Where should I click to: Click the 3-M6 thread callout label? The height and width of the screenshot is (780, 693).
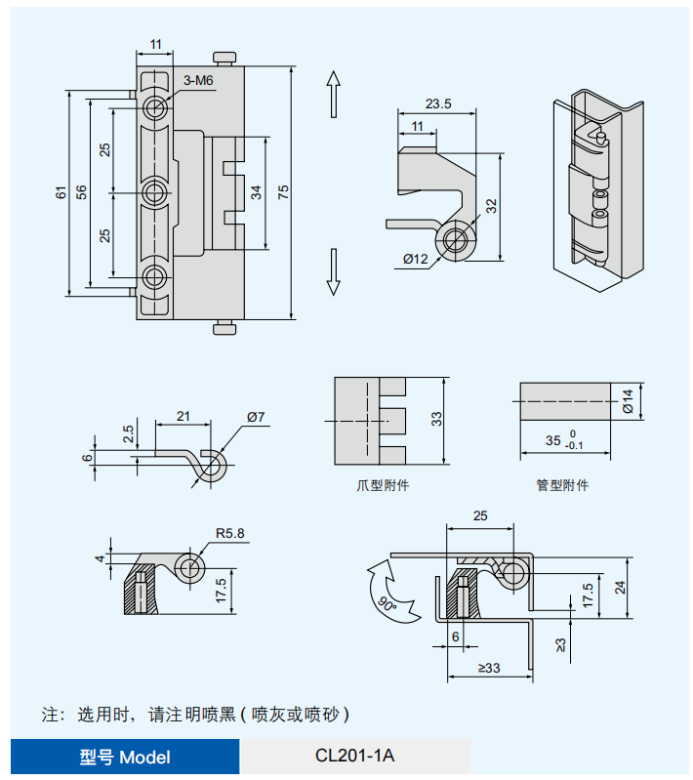[x=198, y=81]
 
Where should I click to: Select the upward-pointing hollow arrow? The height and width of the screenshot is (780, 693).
[x=333, y=95]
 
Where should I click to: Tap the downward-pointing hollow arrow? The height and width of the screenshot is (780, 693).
[x=333, y=271]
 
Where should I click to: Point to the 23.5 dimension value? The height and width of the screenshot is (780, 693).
[x=438, y=104]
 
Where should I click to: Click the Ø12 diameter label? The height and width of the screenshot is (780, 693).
[x=415, y=259]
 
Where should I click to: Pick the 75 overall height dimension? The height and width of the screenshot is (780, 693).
[x=283, y=192]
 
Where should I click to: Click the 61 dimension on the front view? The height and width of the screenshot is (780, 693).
[x=61, y=192]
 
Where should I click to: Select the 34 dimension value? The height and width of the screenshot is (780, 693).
[x=256, y=192]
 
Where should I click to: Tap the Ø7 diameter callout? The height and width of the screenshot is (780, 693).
[x=256, y=417]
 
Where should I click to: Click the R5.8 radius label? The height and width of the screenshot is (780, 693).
[x=230, y=534]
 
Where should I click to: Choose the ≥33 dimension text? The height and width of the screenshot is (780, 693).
[x=489, y=669]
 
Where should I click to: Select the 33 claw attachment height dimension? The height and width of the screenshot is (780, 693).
[x=437, y=420]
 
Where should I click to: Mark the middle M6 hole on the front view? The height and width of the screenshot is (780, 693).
[x=154, y=192]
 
